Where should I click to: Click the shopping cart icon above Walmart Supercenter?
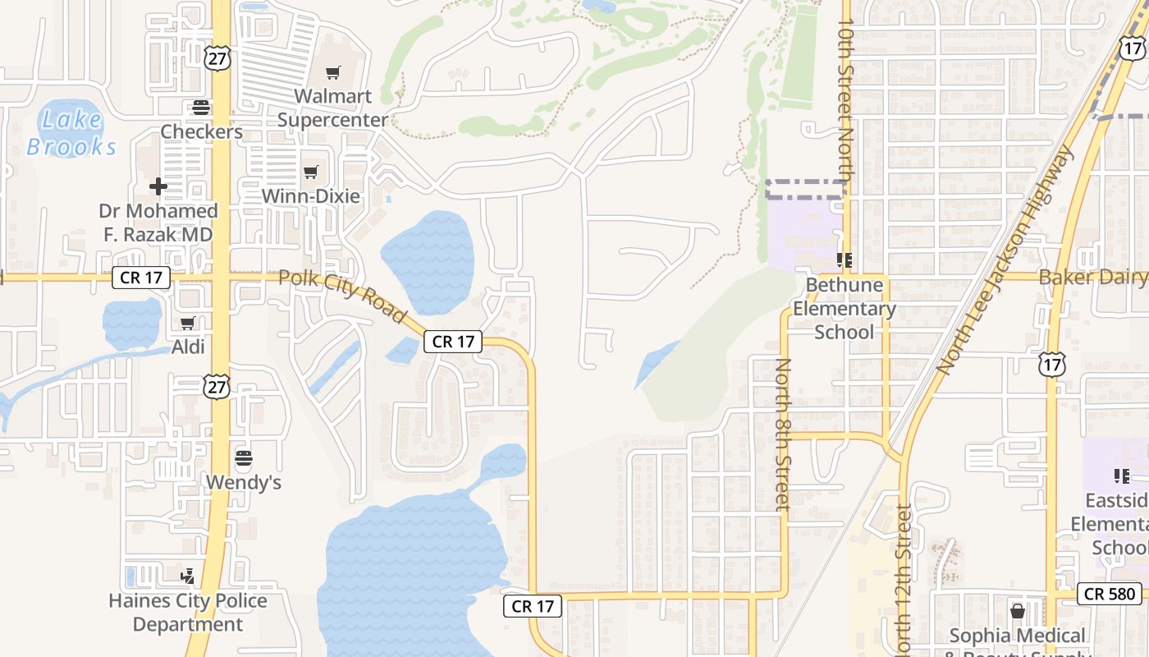(332, 73)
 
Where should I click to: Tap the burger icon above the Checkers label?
(201, 108)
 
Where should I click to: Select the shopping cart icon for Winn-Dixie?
(310, 172)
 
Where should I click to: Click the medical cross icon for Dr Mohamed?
(158, 187)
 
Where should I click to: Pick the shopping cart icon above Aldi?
(188, 324)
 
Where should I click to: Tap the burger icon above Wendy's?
(243, 458)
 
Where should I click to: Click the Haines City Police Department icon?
(188, 576)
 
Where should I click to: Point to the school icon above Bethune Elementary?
(844, 261)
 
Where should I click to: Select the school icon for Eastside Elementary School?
(1121, 476)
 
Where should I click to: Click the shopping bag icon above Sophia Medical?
(1018, 611)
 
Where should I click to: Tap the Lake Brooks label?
(72, 133)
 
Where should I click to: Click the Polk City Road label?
(342, 296)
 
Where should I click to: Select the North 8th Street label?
(783, 434)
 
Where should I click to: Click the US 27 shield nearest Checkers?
(218, 57)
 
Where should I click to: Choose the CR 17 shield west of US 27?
(141, 278)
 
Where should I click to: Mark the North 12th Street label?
(903, 579)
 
